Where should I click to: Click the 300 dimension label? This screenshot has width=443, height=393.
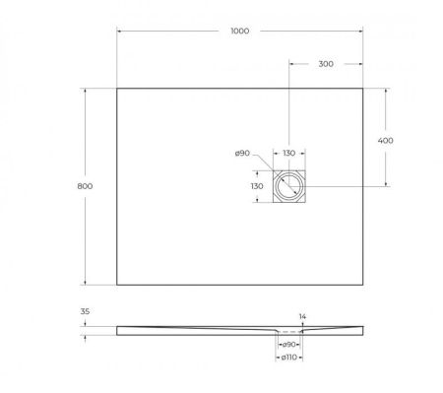(x=327, y=64)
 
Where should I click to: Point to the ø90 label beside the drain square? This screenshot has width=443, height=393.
(x=242, y=154)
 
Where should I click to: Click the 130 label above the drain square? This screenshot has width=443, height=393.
(x=289, y=154)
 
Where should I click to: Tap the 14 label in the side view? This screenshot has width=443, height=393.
(x=304, y=316)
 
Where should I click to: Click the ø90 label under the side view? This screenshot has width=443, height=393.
(x=289, y=345)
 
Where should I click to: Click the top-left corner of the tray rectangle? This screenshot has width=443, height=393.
(x=117, y=89)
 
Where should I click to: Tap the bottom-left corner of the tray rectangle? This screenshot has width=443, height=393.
(x=117, y=285)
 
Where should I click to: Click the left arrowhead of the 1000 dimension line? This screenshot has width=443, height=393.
(x=119, y=38)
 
